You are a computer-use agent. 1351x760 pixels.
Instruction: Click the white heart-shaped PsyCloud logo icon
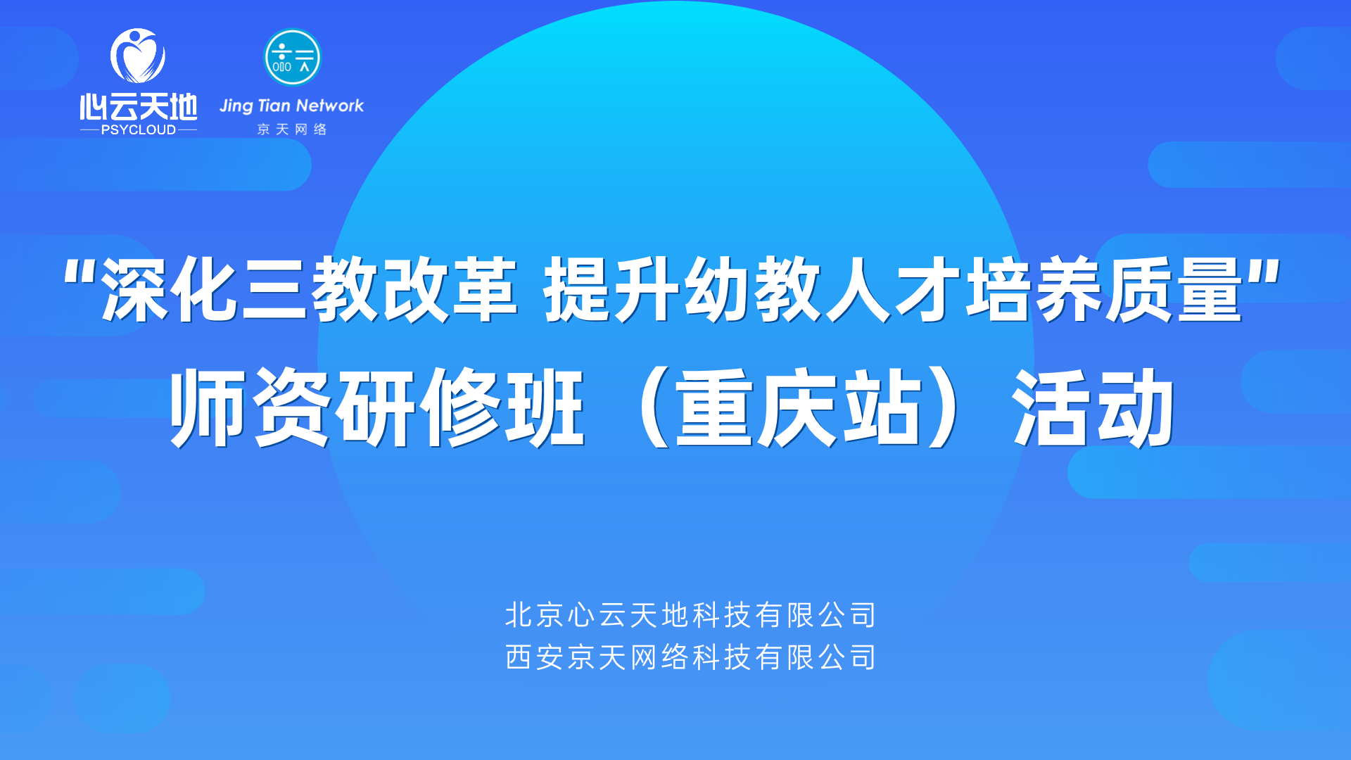coord(138,56)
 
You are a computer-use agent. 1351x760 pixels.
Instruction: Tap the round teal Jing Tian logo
coord(292,57)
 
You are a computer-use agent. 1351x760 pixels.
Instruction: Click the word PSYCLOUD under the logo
coord(139,129)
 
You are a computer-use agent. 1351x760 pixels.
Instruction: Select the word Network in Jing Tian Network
coord(330,106)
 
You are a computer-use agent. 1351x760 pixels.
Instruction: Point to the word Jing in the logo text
coord(236,106)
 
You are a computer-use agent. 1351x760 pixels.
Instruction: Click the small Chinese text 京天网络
coord(292,129)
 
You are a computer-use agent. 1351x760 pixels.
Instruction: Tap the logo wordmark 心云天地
coord(139,107)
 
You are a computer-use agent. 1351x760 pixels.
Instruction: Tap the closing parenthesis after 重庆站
coord(944,407)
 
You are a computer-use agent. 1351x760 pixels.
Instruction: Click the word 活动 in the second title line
coord(1093,407)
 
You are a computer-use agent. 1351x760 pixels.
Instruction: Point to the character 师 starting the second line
coord(208,407)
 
